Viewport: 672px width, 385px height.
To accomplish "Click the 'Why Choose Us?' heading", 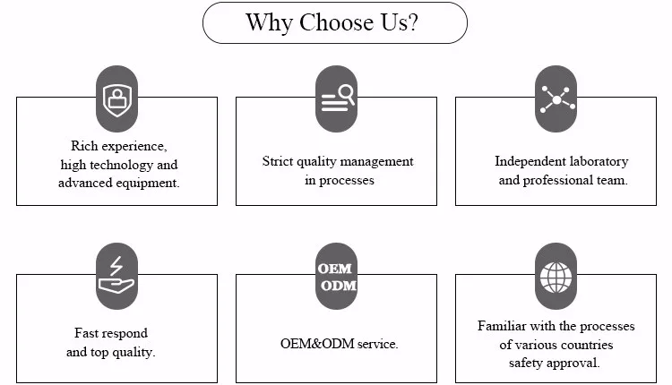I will pyautogui.click(x=334, y=22).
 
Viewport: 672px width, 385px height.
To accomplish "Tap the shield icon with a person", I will pyautogui.click(x=116, y=98).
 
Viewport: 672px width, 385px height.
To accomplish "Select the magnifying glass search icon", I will pyautogui.click(x=337, y=98).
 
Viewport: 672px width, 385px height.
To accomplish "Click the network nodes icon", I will pyautogui.click(x=556, y=98).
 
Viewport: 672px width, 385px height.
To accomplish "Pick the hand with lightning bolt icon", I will pyautogui.click(x=116, y=276).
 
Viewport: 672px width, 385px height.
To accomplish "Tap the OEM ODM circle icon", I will pyautogui.click(x=337, y=276).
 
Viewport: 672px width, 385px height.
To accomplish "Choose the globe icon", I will pyautogui.click(x=556, y=276).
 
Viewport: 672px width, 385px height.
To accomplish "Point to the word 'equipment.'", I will pyautogui.click(x=150, y=182).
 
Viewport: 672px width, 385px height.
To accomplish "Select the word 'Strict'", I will pyautogui.click(x=278, y=161).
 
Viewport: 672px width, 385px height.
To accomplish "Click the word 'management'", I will pyautogui.click(x=376, y=161).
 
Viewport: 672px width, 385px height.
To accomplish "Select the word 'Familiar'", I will pyautogui.click(x=502, y=326).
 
